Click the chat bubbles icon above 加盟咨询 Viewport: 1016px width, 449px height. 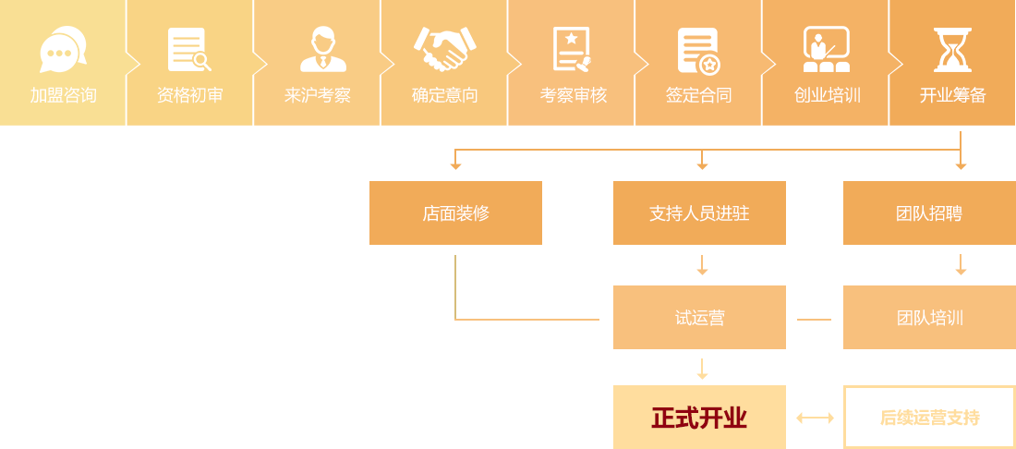tap(63, 49)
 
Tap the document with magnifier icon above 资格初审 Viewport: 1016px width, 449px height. tap(189, 50)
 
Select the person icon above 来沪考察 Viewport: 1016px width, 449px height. tap(322, 50)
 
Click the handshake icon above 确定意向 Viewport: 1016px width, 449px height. tap(444, 49)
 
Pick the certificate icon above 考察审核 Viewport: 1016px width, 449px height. tap(572, 50)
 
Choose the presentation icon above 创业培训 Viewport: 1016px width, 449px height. tap(826, 50)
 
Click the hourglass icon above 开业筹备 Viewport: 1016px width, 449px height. tap(952, 50)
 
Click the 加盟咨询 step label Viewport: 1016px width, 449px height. tap(63, 95)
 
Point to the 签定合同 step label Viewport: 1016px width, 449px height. tap(698, 95)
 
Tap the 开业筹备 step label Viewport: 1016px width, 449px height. tap(952, 95)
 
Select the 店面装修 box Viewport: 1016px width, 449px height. tap(455, 213)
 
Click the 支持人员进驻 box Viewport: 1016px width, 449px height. tap(699, 213)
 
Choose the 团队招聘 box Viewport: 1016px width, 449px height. tap(928, 213)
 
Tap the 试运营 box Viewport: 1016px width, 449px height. tap(699, 318)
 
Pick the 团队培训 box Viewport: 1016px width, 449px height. tap(928, 318)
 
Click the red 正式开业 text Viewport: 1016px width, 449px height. tap(699, 419)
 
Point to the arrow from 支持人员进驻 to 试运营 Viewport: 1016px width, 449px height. tap(702, 265)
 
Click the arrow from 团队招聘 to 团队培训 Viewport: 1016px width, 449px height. tap(961, 265)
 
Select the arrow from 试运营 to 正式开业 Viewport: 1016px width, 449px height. tap(702, 370)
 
